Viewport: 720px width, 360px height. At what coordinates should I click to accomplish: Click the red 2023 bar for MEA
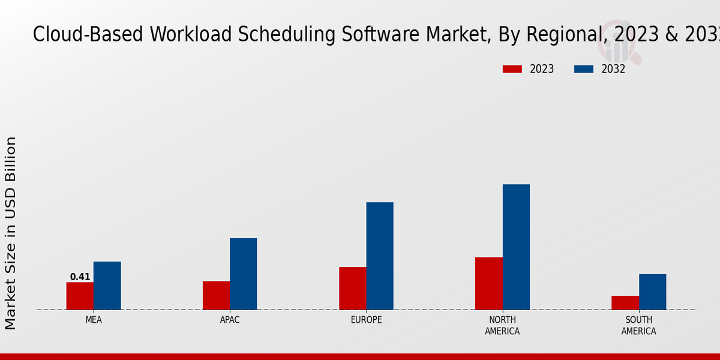(x=80, y=296)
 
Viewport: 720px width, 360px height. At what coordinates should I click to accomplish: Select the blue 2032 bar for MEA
(x=107, y=286)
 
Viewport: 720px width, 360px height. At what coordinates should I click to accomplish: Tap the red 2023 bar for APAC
(x=216, y=295)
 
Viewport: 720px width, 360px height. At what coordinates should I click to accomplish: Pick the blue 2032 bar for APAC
(x=243, y=274)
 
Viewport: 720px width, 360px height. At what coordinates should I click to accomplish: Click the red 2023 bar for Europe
(x=352, y=288)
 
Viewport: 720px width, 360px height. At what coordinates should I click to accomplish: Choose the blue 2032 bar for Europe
(x=380, y=256)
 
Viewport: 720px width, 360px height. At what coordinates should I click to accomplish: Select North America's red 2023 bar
(x=488, y=283)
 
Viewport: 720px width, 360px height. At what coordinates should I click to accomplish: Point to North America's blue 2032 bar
(x=516, y=247)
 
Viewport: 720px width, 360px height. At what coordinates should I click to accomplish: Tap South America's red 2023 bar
(x=625, y=302)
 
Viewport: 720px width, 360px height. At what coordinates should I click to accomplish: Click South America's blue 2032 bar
(x=652, y=292)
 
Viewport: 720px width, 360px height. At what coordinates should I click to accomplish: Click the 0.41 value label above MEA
(x=80, y=277)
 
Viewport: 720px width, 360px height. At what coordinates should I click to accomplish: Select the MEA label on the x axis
(x=94, y=320)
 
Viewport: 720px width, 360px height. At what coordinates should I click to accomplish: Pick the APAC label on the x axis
(x=230, y=320)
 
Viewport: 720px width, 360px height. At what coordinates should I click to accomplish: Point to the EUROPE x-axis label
(x=366, y=320)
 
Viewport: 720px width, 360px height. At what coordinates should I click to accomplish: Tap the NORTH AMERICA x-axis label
(x=502, y=326)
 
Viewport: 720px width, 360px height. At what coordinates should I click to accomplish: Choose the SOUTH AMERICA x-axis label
(x=638, y=326)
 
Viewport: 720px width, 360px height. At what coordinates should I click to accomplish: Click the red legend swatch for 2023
(x=512, y=69)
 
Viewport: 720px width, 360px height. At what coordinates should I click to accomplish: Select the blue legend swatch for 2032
(x=583, y=69)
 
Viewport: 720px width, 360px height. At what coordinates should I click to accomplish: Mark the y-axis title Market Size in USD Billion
(x=11, y=233)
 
